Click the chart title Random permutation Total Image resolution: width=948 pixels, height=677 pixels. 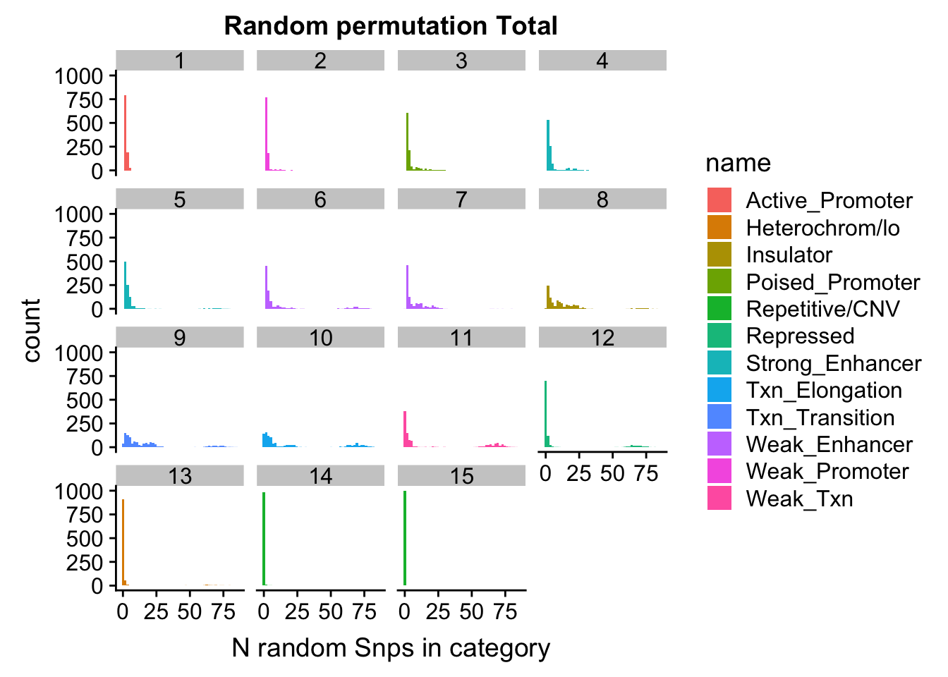point(391,26)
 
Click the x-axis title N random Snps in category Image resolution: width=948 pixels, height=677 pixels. point(391,647)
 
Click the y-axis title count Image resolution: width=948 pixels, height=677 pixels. point(32,330)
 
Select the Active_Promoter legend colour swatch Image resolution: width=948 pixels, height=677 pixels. point(719,200)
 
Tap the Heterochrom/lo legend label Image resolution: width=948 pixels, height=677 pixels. point(822,228)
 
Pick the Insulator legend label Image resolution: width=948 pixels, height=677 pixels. point(789,255)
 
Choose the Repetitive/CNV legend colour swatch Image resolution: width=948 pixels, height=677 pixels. point(719,309)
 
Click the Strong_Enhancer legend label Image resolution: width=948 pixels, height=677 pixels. point(833,363)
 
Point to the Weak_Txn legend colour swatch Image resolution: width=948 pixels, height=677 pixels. point(719,499)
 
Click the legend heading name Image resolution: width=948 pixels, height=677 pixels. point(738,163)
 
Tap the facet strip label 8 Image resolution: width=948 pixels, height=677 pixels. point(602,200)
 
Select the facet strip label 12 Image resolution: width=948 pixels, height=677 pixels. point(602,338)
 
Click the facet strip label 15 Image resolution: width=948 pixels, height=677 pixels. point(461,476)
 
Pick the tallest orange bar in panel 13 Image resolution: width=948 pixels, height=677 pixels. point(123,543)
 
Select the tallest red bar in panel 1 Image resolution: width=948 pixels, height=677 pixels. point(125,134)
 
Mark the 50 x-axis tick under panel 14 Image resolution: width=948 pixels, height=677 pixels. point(330,611)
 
